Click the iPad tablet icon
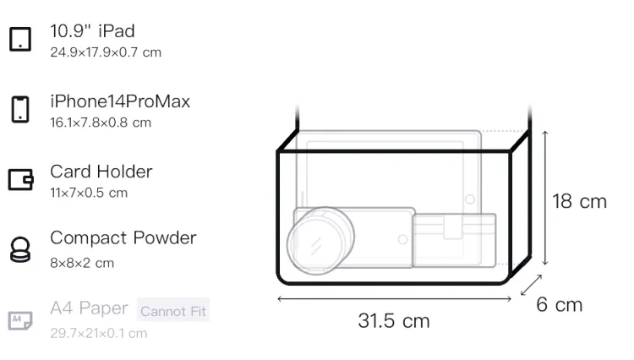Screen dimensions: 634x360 20,39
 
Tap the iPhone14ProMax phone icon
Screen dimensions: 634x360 20,109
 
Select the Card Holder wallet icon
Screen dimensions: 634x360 20,179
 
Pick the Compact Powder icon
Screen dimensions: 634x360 20,249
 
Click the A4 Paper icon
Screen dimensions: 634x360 20,320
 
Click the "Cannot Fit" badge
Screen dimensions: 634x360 173,310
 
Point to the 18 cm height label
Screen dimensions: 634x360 579,201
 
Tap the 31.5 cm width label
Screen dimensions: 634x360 394,321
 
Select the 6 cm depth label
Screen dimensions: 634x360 560,304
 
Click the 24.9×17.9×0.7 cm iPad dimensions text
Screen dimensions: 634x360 106,52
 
